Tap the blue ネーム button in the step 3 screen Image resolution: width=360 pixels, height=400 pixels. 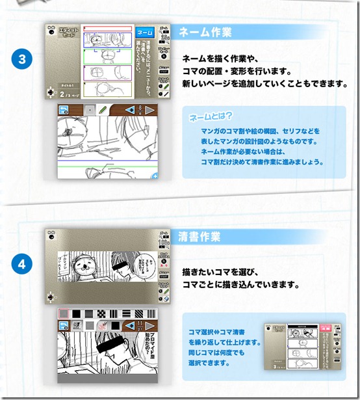click(x=144, y=31)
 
